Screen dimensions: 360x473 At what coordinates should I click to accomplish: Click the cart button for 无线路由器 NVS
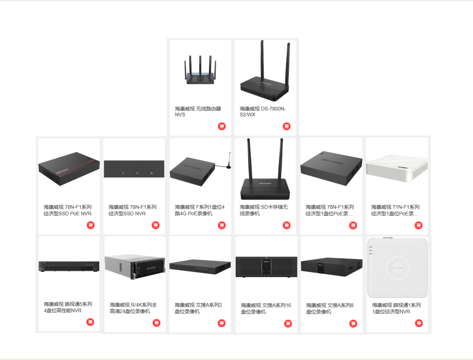[x=222, y=126]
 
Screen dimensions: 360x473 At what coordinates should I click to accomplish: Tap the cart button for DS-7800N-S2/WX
[x=286, y=126]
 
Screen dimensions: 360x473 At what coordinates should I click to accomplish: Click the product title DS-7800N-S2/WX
[x=263, y=111]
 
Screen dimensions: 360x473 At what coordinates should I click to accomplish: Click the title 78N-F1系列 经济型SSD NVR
[x=132, y=210]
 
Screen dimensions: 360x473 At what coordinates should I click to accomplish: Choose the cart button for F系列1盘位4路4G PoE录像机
[x=222, y=225]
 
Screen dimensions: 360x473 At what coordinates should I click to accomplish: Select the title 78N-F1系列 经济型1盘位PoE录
[x=330, y=210]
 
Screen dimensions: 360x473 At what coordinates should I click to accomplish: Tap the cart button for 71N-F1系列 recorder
[x=419, y=225]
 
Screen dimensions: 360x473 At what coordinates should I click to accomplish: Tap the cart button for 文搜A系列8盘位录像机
[x=353, y=324]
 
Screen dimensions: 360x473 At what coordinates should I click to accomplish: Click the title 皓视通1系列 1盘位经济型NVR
[x=396, y=308]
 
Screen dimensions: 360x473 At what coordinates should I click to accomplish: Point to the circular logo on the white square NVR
[x=399, y=268]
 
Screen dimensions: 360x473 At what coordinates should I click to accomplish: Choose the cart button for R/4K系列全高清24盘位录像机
[x=156, y=323]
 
